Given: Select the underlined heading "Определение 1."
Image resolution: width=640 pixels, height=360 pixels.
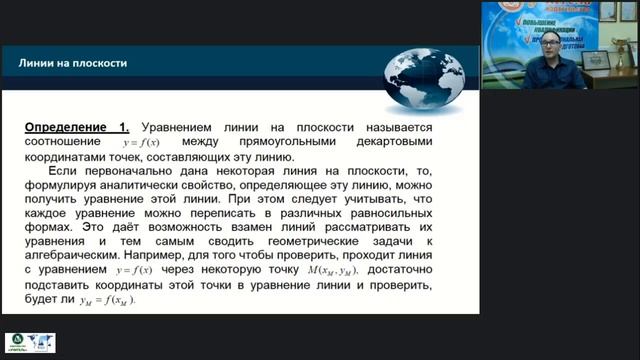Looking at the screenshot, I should [x=77, y=128].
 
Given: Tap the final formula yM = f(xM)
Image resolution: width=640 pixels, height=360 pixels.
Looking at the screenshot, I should [x=102, y=299].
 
